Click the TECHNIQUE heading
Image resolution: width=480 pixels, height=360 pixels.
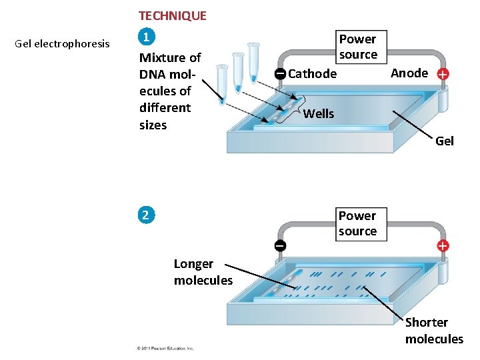pyautogui.click(x=172, y=15)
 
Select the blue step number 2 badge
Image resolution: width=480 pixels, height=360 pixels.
pyautogui.click(x=145, y=215)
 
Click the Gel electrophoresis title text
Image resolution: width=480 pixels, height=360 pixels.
pyautogui.click(x=62, y=44)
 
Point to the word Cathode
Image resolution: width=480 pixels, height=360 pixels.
pyautogui.click(x=312, y=73)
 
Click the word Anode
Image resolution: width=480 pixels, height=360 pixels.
pyautogui.click(x=409, y=73)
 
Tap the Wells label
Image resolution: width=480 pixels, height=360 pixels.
pyautogui.click(x=319, y=113)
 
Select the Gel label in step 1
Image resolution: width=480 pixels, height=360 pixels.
pyautogui.click(x=444, y=141)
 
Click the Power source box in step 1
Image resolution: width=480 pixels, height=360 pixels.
pyautogui.click(x=358, y=47)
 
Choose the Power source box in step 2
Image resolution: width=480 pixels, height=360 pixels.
pyautogui.click(x=357, y=223)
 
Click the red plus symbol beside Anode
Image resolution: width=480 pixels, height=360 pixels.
pyautogui.click(x=443, y=75)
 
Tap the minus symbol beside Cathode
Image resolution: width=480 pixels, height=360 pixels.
pyautogui.click(x=281, y=73)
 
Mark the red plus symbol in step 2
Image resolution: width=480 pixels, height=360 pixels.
pyautogui.click(x=443, y=245)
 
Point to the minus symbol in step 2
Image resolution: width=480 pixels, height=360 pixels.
pyautogui.click(x=281, y=245)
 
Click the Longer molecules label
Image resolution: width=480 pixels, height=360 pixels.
pyautogui.click(x=203, y=272)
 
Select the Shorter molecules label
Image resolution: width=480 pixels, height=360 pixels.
pyautogui.click(x=433, y=331)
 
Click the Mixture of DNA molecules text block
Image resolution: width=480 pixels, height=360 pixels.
pyautogui.click(x=169, y=91)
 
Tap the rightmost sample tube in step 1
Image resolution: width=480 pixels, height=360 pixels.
pyautogui.click(x=253, y=62)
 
